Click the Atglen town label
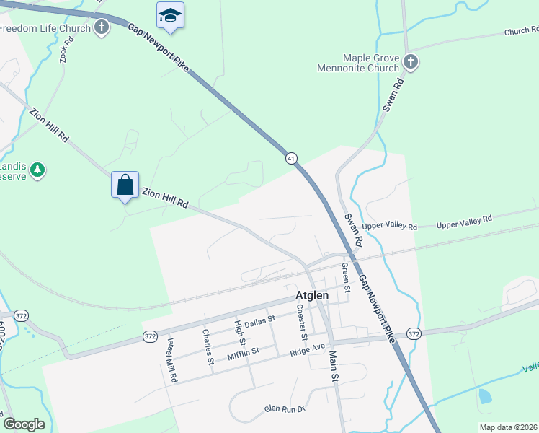312,295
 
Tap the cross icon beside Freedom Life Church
102,28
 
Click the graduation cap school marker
170,16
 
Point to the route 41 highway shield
291,158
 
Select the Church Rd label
520,32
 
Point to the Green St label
346,278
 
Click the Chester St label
302,322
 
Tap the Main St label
334,366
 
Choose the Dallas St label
259,322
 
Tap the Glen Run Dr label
285,408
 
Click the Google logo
24,424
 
